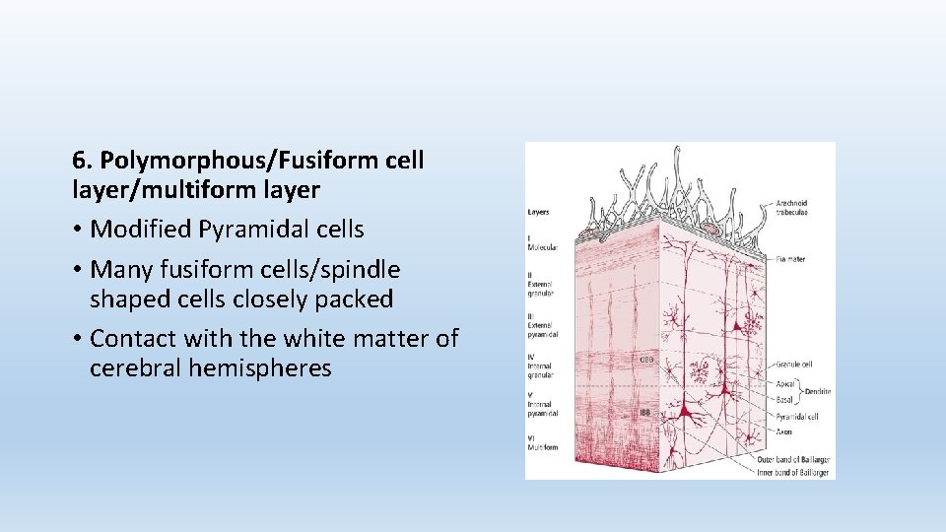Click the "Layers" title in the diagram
pyautogui.click(x=539, y=212)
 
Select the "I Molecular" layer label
pyautogui.click(x=541, y=244)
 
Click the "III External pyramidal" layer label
pyautogui.click(x=542, y=328)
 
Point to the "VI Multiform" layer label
pyautogui.click(x=542, y=442)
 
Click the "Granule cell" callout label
pyautogui.click(x=793, y=364)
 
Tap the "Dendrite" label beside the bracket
pyautogui.click(x=817, y=391)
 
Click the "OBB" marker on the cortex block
pyautogui.click(x=646, y=360)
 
